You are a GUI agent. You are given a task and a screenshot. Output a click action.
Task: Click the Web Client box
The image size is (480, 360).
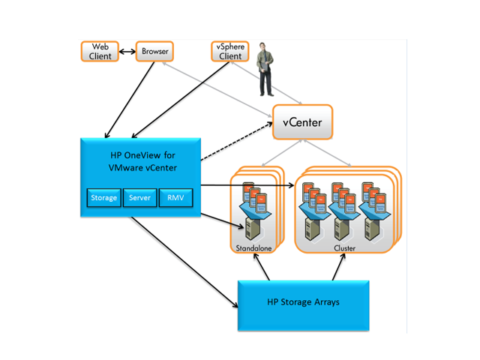100,52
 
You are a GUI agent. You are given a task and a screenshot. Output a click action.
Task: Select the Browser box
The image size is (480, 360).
154,52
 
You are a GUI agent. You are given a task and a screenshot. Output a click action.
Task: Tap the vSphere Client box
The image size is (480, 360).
229,52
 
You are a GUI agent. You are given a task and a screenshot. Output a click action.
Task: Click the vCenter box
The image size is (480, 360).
301,121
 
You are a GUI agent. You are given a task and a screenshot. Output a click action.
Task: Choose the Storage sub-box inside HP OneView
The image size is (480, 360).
103,198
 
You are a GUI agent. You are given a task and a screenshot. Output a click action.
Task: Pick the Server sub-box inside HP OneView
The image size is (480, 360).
139,198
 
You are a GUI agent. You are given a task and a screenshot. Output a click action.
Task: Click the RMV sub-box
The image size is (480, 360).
175,198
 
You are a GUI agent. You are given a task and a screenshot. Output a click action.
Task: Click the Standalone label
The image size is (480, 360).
253,247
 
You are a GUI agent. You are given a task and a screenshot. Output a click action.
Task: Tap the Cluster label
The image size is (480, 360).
345,247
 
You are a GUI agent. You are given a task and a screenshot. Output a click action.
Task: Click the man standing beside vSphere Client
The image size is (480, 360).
264,69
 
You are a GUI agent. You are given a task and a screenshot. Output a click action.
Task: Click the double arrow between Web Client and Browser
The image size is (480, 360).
127,52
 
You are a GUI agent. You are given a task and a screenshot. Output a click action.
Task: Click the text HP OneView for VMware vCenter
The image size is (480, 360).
141,160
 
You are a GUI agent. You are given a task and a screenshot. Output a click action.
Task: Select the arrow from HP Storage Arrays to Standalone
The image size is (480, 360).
259,267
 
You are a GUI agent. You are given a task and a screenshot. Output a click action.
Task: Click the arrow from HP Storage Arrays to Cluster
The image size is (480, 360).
340,267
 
